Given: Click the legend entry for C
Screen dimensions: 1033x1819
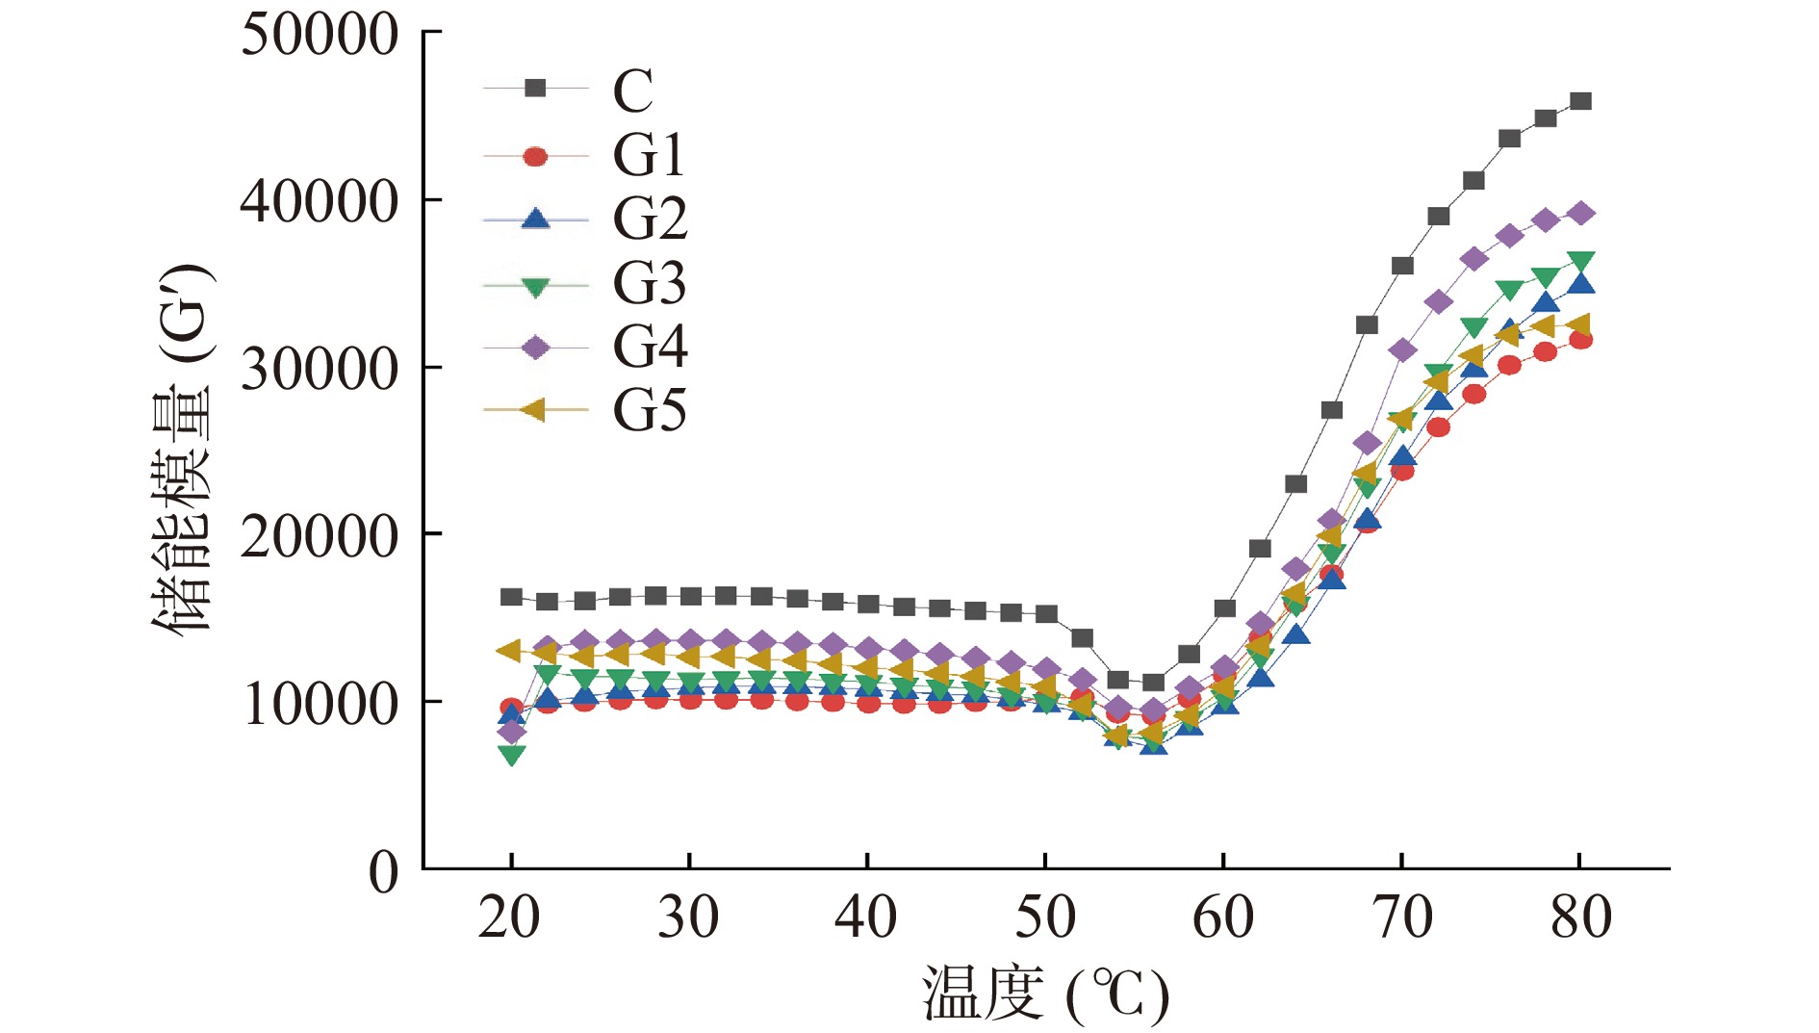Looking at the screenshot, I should coord(632,90).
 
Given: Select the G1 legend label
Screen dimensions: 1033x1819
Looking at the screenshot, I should coord(648,155).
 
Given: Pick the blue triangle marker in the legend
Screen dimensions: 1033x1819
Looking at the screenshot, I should coord(535,219).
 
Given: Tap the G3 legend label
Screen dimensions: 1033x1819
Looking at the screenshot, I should coord(650,283).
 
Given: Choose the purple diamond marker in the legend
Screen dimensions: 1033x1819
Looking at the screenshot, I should coord(535,348).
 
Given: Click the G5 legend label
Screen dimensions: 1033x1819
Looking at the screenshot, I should coord(650,411).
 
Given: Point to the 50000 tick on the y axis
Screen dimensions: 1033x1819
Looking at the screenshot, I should coord(319,35).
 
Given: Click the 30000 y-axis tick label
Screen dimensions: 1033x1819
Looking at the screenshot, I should coord(319,369).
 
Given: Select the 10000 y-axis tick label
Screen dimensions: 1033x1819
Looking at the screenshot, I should coord(319,704).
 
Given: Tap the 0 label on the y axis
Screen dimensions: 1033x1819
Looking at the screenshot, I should coord(383,872).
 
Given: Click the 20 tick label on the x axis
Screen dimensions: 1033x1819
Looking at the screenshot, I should coord(509,917).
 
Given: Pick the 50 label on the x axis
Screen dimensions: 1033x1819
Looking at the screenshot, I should coord(1045,917).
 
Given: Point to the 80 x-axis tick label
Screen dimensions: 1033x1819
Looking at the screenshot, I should coord(1580,917).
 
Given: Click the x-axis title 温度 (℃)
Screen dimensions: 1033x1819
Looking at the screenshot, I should coord(1045,994).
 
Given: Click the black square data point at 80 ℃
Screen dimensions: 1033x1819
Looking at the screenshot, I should coord(1580,101).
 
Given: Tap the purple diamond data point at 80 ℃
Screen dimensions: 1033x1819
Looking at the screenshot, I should coord(1580,213).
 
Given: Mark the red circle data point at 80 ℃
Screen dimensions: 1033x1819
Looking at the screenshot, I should coord(1580,340).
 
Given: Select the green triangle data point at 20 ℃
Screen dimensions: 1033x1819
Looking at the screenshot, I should coord(512,755).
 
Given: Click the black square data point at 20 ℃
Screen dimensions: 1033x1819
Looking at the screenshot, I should coord(512,597).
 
